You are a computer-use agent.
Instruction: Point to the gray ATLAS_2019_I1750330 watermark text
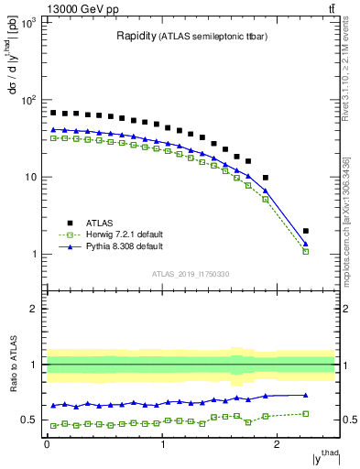point(190,273)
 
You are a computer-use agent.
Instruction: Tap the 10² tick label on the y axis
point(28,99)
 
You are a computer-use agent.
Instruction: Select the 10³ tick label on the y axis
point(28,22)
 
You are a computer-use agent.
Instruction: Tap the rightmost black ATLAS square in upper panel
point(306,231)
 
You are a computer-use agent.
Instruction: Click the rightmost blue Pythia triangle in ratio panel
point(306,395)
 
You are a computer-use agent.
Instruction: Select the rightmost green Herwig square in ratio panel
point(306,413)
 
